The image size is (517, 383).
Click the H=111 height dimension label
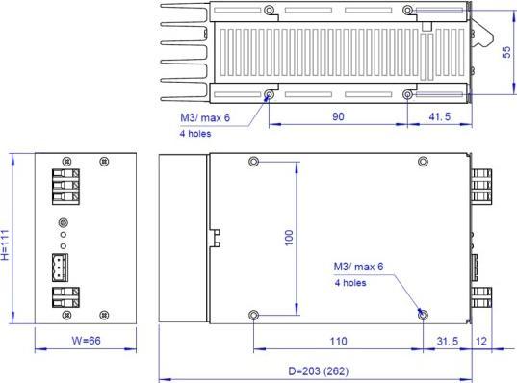coord(7,245)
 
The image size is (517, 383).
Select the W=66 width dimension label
coord(83,342)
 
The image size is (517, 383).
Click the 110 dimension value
coord(337,342)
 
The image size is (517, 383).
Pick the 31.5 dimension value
coord(448,342)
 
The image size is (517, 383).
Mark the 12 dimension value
coord(480,342)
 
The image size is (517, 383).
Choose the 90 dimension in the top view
coord(337,115)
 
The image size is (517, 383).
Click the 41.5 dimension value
coord(437,115)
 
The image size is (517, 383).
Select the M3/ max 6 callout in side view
coord(358,267)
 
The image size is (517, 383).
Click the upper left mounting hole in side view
coord(253,161)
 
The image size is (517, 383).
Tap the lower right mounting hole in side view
coord(423,314)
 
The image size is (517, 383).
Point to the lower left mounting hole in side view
coord(253,315)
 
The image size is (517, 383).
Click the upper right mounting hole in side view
coord(423,161)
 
